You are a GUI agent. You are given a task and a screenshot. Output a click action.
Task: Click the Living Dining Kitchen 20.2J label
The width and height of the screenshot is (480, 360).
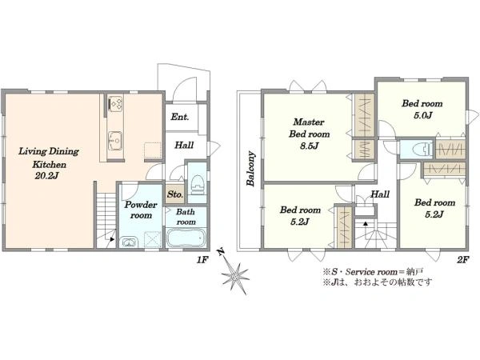[x=49, y=163]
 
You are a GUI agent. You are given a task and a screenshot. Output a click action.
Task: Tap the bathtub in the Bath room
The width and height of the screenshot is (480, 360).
[x=186, y=238]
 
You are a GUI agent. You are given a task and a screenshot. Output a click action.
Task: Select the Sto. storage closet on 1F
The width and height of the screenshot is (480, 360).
[x=175, y=194]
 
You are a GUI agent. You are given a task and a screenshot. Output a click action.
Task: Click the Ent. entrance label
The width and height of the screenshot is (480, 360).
[x=180, y=117]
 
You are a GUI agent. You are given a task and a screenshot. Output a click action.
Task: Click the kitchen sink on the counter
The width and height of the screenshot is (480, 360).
[x=115, y=141]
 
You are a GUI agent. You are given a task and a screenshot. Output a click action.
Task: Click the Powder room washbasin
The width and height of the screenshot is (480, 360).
[x=130, y=242]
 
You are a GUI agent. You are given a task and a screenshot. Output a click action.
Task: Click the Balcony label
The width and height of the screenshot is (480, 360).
[x=250, y=169]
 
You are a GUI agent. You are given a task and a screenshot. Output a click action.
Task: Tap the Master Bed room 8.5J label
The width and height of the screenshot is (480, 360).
[x=309, y=134]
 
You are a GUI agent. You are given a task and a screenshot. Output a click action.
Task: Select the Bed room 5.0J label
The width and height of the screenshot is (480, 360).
[x=422, y=109]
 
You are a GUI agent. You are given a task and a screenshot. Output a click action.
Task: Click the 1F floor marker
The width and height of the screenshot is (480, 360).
[x=202, y=260]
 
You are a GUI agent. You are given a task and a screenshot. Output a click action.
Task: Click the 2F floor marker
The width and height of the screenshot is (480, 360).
[x=462, y=260]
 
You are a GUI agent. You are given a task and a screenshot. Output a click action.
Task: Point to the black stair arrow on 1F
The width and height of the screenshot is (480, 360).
[x=112, y=239]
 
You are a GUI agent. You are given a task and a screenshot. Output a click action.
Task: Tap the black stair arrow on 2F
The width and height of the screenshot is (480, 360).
[x=366, y=223]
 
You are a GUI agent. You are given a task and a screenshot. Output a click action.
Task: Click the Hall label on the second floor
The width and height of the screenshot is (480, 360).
[x=380, y=194]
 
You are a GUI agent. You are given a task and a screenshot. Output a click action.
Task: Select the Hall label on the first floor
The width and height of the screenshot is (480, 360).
[x=184, y=145]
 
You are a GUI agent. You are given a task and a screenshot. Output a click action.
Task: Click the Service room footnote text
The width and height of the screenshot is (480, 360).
[x=373, y=272]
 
